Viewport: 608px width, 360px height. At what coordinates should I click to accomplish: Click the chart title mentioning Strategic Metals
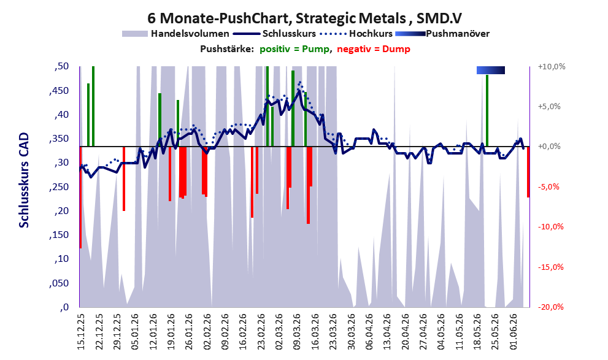click(305, 18)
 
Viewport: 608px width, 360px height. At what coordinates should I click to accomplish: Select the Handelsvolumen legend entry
click(175, 34)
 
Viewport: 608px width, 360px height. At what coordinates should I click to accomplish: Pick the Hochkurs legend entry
click(356, 34)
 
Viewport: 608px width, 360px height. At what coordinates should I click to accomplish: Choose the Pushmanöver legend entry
click(442, 34)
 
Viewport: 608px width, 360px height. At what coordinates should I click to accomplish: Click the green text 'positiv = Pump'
click(294, 49)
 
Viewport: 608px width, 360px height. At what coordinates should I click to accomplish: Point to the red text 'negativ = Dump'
click(374, 49)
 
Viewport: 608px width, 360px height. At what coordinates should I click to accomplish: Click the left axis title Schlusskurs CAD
click(24, 180)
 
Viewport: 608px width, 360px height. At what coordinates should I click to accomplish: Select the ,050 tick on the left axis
click(59, 283)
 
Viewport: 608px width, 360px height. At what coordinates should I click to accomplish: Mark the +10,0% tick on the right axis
click(552, 67)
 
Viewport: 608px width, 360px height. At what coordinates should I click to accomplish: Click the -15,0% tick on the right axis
click(551, 267)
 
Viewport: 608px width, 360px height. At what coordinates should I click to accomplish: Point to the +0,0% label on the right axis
click(549, 147)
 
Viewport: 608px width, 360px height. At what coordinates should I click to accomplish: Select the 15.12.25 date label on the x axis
click(81, 332)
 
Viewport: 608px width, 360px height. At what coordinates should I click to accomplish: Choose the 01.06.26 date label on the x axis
click(514, 332)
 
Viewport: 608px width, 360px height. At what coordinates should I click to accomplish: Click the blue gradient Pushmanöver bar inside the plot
click(490, 70)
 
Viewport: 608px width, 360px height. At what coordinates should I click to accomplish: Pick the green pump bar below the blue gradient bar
click(487, 110)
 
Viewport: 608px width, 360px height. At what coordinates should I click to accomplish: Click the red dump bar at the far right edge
click(528, 172)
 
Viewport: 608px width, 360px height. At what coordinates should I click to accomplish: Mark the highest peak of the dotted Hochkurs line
click(300, 82)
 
